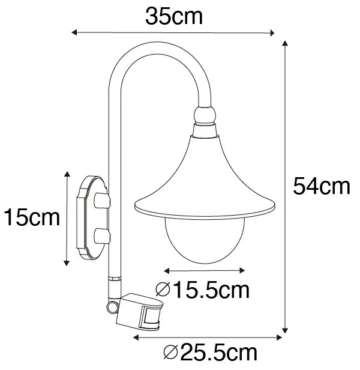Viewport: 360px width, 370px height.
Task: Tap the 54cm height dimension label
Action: coord(322,186)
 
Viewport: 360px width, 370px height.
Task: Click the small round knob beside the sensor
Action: coord(112,307)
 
